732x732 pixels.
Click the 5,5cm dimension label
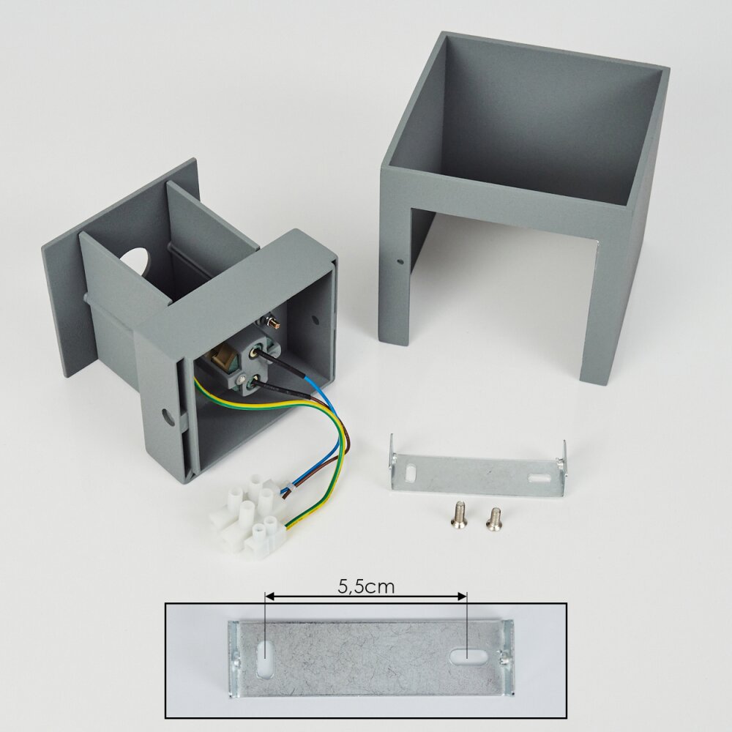pos(366,586)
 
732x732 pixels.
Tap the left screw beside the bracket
pos(456,516)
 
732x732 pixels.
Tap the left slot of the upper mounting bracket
pos(411,472)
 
